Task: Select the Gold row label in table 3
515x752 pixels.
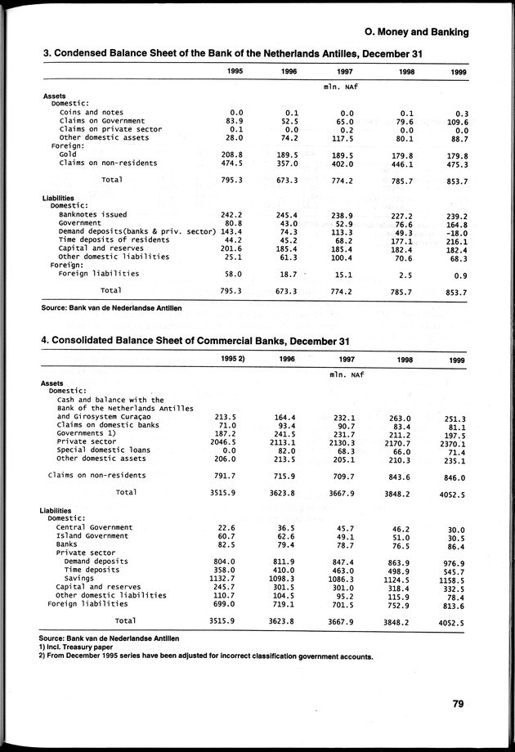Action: (68, 154)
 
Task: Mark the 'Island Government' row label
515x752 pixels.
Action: (93, 536)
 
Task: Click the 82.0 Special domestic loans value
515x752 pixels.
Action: (284, 450)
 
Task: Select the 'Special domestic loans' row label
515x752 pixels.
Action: (104, 450)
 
